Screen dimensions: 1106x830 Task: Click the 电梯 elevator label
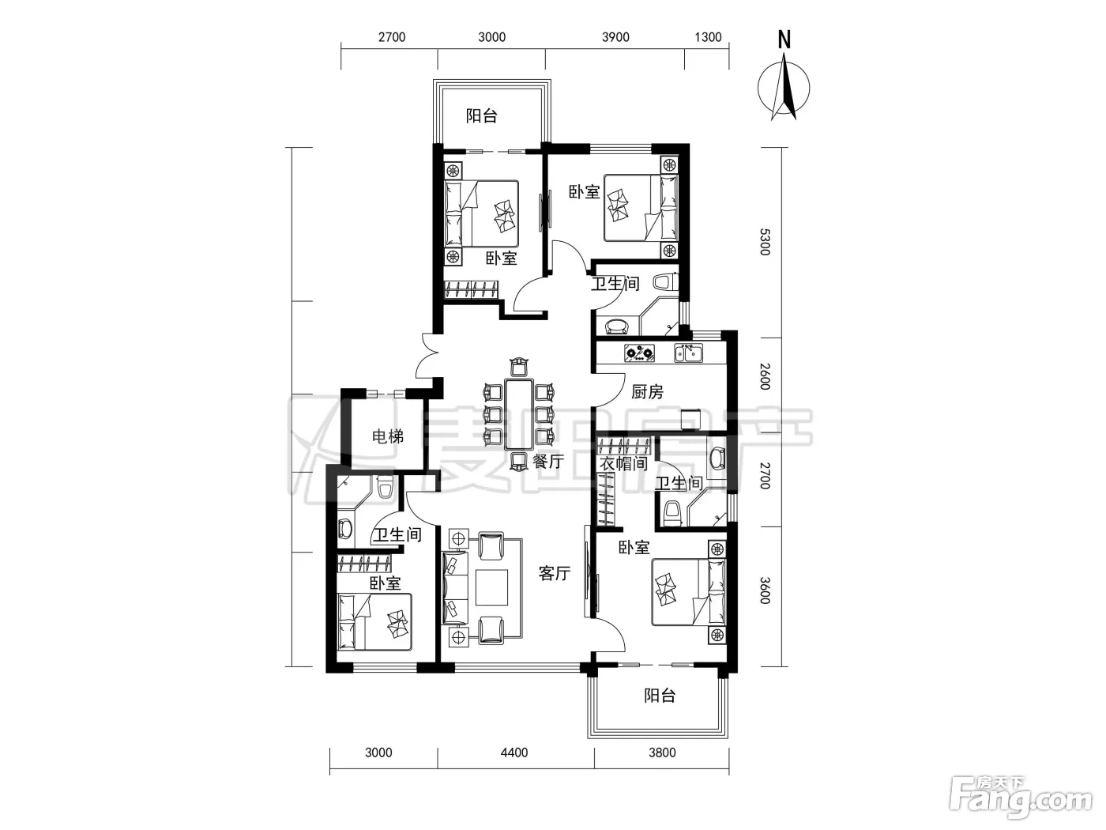coord(387,436)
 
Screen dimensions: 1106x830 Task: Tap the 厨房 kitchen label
coord(647,391)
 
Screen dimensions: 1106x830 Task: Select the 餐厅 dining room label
coord(547,461)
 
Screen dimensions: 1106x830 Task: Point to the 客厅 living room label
coord(555,573)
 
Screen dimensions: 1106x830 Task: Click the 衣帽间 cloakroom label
coord(623,464)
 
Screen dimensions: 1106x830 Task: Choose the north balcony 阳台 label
coord(481,116)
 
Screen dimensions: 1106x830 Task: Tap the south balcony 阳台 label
coord(659,696)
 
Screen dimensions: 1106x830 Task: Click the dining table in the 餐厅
coord(519,415)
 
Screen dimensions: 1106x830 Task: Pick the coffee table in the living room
coord(492,587)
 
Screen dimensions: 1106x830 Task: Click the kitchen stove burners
coord(639,353)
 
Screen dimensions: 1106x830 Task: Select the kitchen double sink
coord(689,353)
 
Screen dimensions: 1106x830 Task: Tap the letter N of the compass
coord(784,40)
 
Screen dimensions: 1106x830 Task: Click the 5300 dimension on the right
coord(765,242)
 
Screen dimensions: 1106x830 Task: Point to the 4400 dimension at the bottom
coord(514,753)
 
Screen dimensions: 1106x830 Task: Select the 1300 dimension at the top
coord(708,37)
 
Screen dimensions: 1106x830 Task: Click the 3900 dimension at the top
coord(615,37)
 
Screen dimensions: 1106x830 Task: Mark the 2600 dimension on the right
coord(765,376)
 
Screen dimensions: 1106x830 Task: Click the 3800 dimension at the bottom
coord(662,753)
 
